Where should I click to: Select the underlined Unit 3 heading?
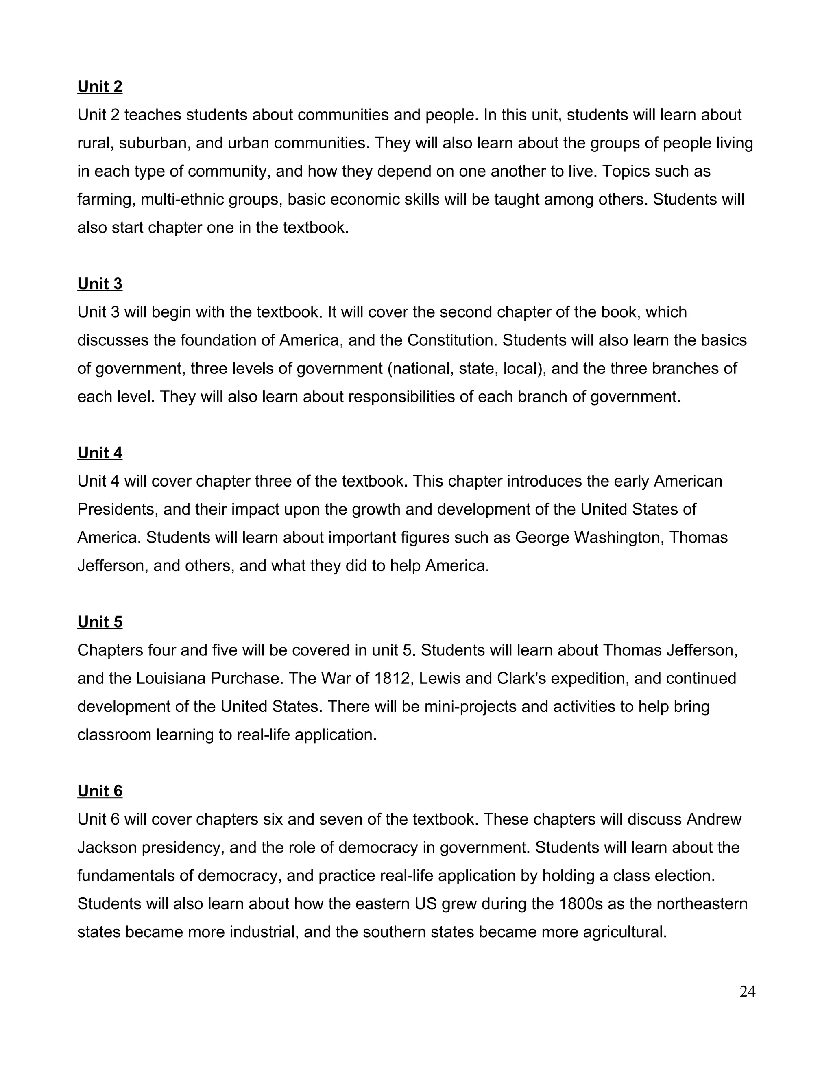coord(100,284)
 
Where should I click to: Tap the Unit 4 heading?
coord(100,453)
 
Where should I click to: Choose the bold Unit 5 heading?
coord(100,622)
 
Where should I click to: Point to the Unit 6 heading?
coord(100,791)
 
